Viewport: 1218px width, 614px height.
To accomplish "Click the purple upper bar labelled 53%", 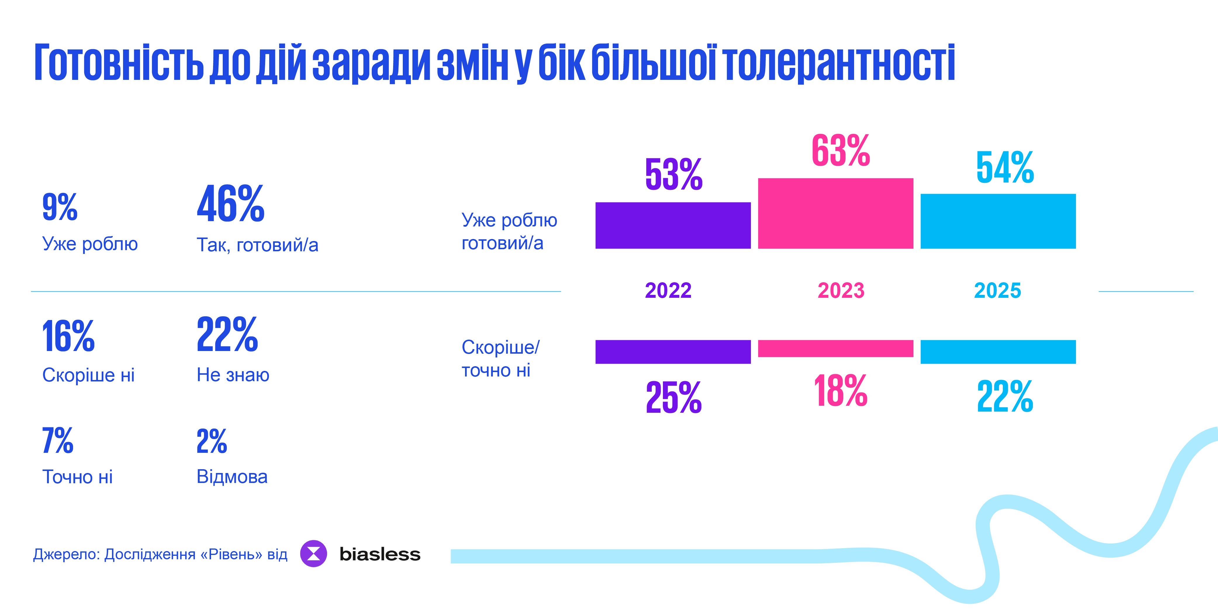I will (673, 225).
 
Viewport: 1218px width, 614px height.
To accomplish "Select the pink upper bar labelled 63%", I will (835, 213).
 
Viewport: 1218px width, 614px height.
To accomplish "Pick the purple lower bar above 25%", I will (673, 352).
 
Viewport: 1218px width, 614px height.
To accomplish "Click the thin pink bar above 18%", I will (835, 348).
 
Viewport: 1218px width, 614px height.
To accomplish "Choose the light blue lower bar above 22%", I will (998, 352).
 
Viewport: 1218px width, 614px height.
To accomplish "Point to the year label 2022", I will (668, 290).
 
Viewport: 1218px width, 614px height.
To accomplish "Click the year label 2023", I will (841, 290).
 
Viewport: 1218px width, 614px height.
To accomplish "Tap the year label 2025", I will (998, 290).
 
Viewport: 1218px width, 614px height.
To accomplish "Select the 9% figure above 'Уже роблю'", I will (60, 207).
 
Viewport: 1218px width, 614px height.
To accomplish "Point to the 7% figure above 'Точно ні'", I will (58, 441).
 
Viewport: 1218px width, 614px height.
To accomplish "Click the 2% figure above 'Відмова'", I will (212, 441).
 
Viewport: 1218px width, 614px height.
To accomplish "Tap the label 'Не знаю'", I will (233, 375).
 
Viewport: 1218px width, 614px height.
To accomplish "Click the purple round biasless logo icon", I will (313, 553).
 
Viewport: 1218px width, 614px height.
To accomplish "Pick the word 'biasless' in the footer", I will (380, 554).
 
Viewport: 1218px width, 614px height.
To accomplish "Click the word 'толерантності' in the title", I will (839, 63).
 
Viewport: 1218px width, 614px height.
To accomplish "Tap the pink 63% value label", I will (841, 151).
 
